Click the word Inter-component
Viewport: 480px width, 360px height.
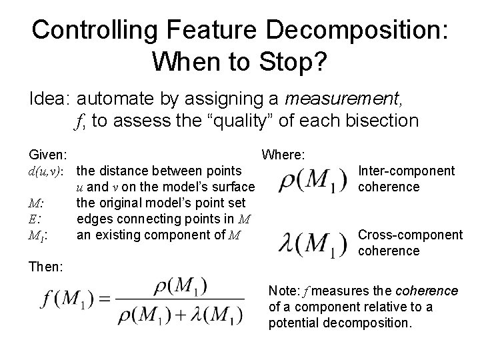[x=406, y=171]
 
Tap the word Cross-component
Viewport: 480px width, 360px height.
[x=410, y=235]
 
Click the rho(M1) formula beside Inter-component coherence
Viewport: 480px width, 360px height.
[x=312, y=180]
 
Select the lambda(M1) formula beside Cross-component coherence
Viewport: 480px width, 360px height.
[x=312, y=243]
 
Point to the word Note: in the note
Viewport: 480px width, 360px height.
[x=283, y=291]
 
